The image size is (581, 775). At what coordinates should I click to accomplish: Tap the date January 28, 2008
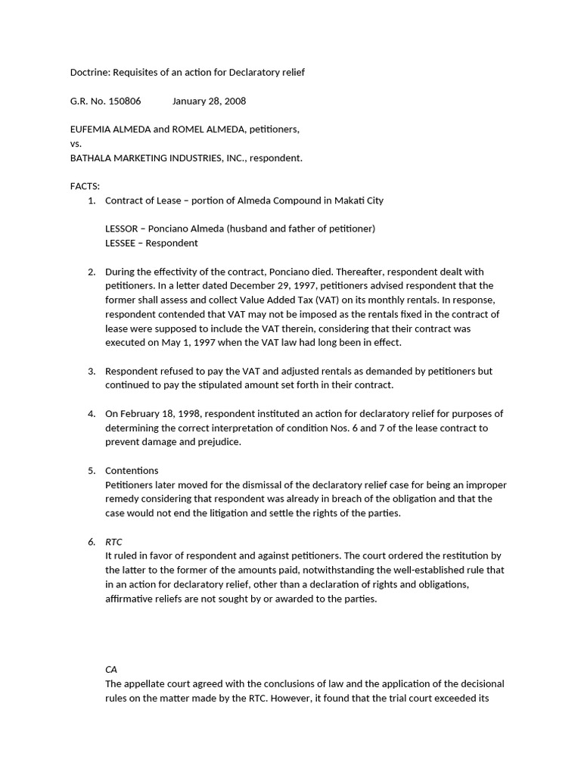[209, 101]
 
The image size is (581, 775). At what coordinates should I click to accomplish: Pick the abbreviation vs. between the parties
[76, 143]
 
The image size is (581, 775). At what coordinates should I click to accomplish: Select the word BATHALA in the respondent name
[92, 157]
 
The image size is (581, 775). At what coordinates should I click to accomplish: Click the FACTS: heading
[85, 186]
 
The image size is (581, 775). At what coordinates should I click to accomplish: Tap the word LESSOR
[122, 229]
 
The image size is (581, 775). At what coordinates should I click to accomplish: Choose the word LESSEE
[121, 243]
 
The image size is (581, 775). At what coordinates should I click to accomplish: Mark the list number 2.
[92, 272]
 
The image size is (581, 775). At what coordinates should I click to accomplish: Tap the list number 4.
[92, 413]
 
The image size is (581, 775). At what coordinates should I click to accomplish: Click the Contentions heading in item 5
[132, 471]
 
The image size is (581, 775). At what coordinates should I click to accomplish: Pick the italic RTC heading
[113, 542]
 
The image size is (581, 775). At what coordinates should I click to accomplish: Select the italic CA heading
[111, 670]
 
